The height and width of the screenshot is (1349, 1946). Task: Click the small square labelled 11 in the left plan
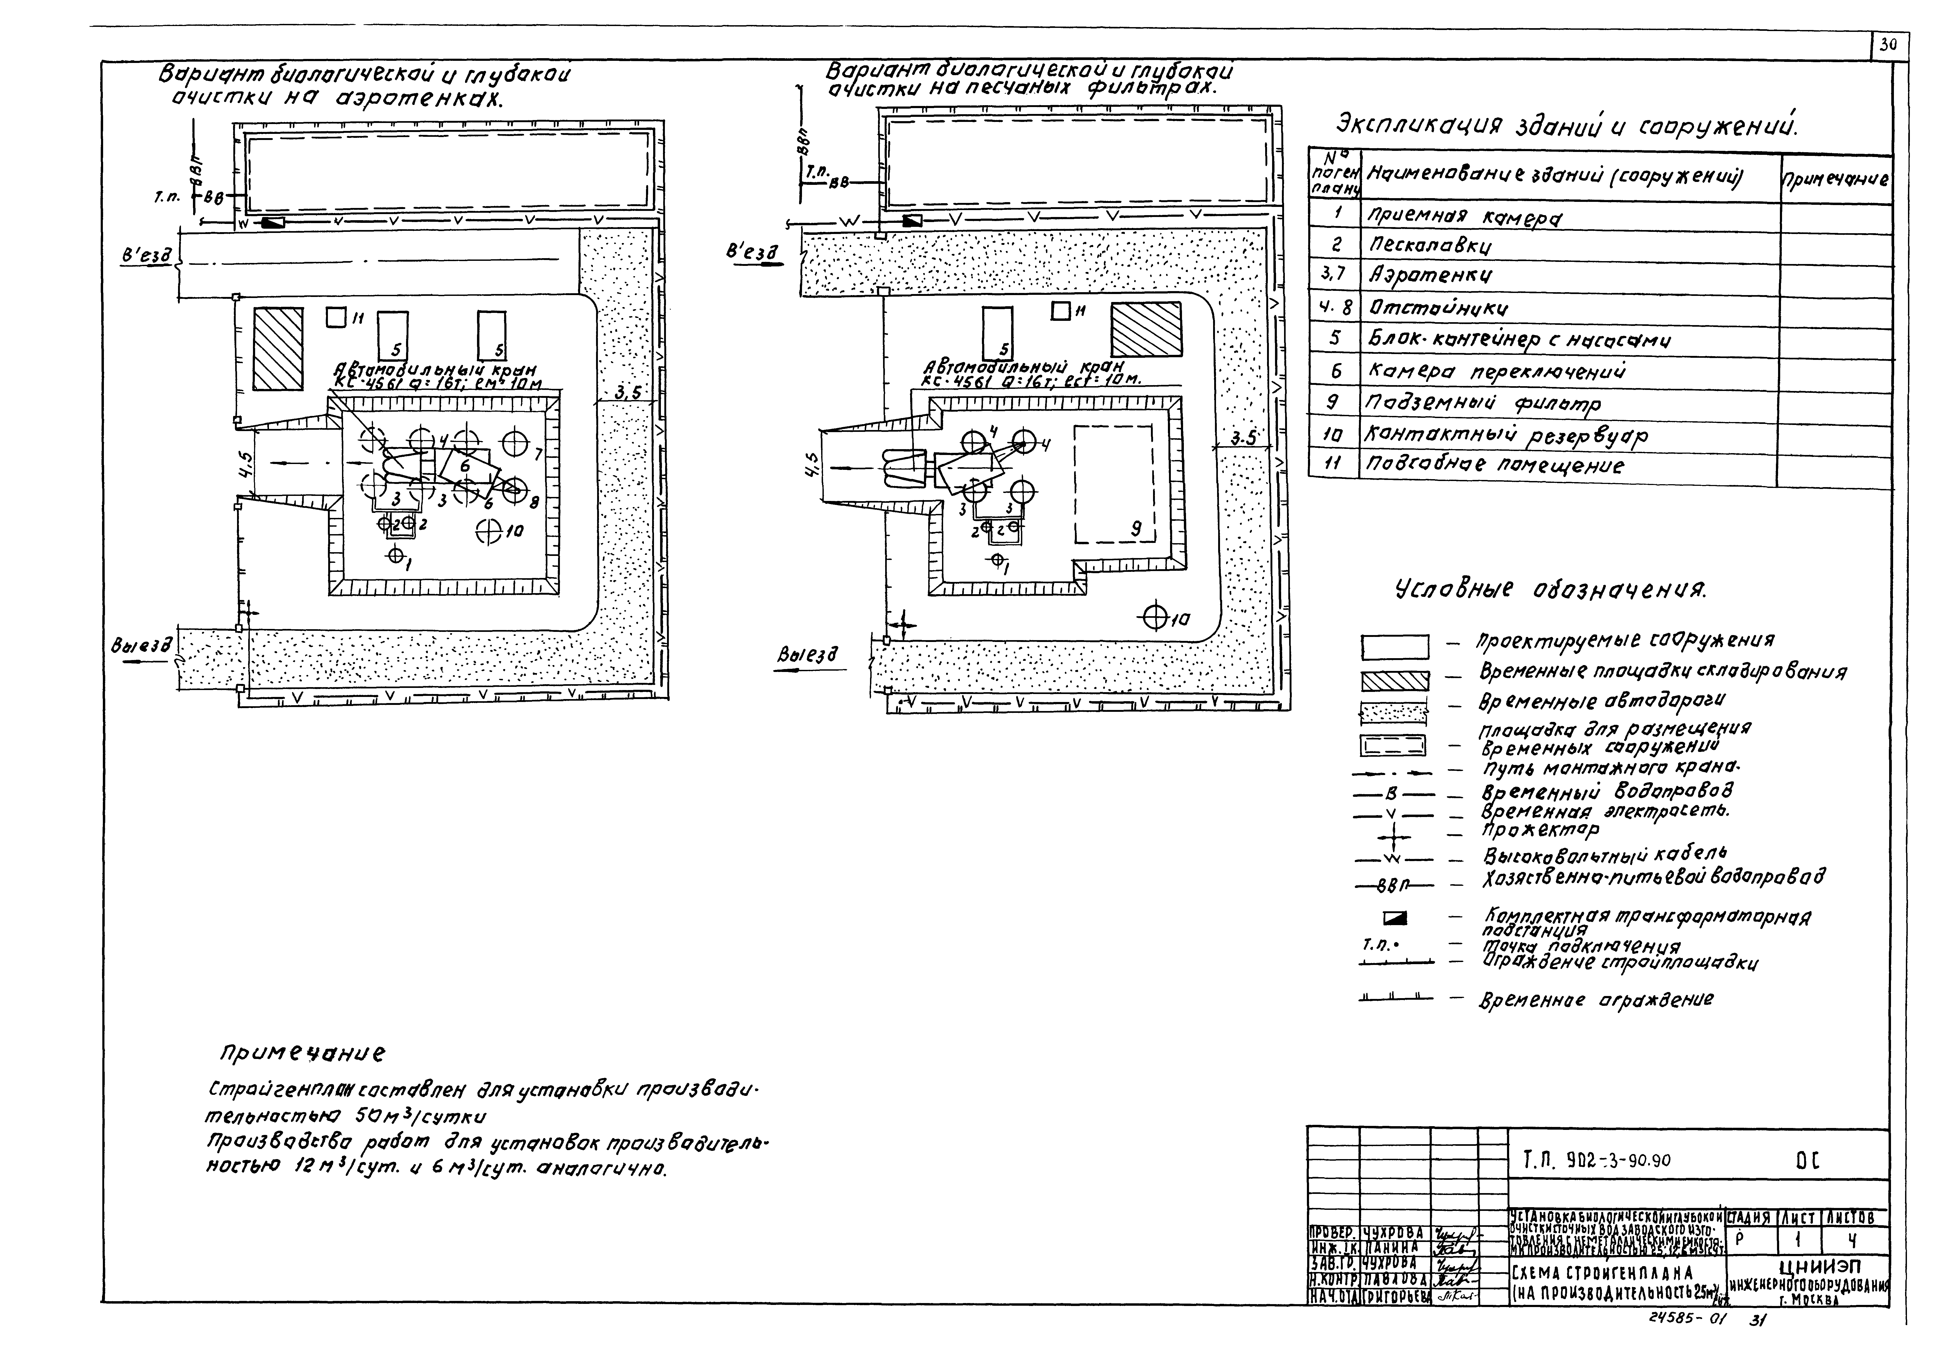(336, 317)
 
